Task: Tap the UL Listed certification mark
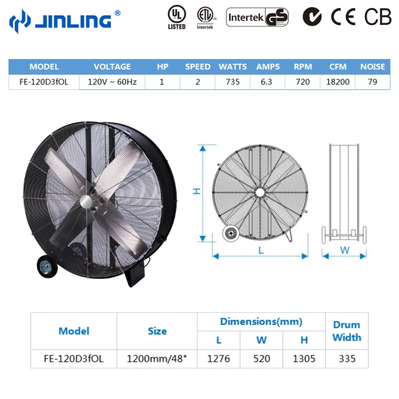[x=176, y=18]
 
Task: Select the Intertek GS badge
[x=258, y=18]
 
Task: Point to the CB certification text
[x=377, y=18]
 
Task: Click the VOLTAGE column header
[x=112, y=67]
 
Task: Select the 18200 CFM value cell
[x=338, y=82]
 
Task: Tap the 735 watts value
[x=232, y=82]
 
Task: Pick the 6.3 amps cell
[x=268, y=82]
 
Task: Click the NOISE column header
[x=372, y=67]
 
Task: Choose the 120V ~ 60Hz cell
[x=112, y=82]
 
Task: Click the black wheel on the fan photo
[x=44, y=267]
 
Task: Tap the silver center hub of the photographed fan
[x=86, y=201]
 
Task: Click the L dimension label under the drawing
[x=261, y=251]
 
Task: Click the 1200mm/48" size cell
[x=157, y=359]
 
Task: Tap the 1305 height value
[x=304, y=359]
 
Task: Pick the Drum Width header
[x=346, y=331]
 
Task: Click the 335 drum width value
[x=346, y=359]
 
